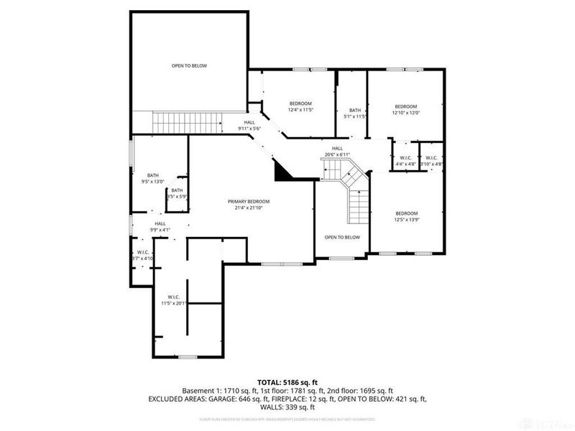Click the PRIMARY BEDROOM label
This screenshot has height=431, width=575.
tap(249, 201)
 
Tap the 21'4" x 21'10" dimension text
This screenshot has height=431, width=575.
tap(249, 208)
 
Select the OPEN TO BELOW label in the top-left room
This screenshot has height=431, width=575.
tap(189, 66)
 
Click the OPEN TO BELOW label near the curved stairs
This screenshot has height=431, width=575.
tap(342, 237)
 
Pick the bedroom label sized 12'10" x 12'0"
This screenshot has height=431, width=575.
tap(405, 106)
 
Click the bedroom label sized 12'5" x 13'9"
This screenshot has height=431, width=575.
tap(406, 213)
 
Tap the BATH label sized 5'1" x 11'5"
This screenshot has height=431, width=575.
tap(355, 111)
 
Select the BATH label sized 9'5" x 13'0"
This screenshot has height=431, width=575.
tap(153, 175)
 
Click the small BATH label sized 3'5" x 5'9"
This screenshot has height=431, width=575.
tap(177, 190)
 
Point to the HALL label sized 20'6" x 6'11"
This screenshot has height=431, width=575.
tap(336, 148)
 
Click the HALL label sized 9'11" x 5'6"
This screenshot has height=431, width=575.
tap(249, 123)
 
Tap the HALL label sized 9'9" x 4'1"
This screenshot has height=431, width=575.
tap(160, 223)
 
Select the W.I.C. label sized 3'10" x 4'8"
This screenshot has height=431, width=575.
tap(432, 158)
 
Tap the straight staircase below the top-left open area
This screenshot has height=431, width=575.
tap(170, 122)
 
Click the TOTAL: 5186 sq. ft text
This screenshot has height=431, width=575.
tap(287, 381)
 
